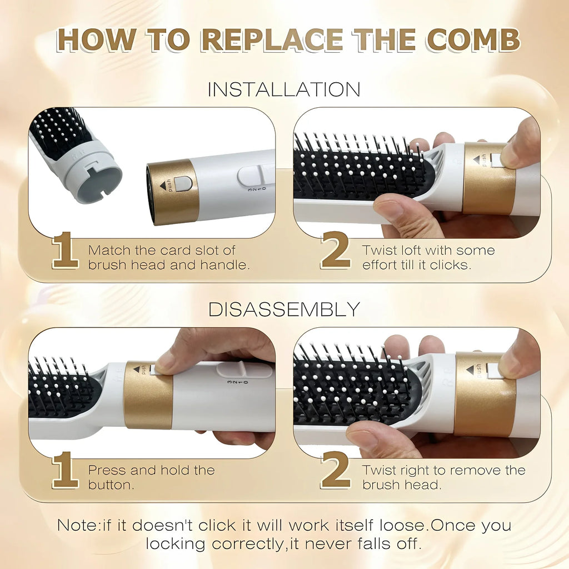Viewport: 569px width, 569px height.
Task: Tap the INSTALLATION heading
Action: point(284,89)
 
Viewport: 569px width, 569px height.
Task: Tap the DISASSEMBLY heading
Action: point(284,310)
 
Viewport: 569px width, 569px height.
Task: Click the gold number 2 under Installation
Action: point(335,252)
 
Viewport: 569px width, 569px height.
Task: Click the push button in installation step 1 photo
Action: point(183,183)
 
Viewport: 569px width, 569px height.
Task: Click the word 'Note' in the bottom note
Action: point(77,525)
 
